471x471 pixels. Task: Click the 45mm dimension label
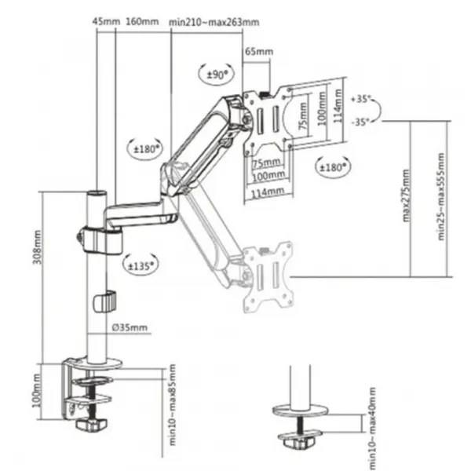point(106,22)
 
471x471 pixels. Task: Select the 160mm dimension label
point(142,22)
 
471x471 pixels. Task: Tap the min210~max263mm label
point(214,22)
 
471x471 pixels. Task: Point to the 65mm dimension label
point(259,51)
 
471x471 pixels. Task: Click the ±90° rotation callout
point(216,74)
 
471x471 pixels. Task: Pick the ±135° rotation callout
point(141,265)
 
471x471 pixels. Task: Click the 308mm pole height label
point(37,247)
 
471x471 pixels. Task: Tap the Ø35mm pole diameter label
point(130,327)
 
